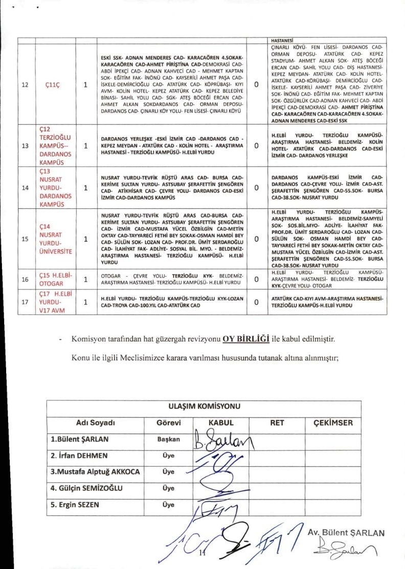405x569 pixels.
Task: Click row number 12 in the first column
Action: tap(25, 85)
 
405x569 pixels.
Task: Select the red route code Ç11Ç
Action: tap(53, 85)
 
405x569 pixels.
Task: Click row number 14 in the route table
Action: tap(25, 187)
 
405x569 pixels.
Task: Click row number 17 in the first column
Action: tap(25, 302)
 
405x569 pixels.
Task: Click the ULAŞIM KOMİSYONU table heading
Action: tap(204, 407)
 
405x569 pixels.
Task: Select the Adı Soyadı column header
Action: tap(95, 423)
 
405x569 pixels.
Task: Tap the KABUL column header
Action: tap(220, 423)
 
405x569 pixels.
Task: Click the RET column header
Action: tap(277, 423)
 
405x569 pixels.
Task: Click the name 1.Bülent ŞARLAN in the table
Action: tap(79, 439)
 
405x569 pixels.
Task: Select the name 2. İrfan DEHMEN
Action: tap(79, 455)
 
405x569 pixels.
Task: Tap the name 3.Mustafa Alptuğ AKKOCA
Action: tap(95, 472)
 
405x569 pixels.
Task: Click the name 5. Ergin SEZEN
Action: tap(75, 505)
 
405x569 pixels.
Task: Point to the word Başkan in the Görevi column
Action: tap(169, 439)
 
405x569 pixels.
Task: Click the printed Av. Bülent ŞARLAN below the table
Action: tap(346, 533)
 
